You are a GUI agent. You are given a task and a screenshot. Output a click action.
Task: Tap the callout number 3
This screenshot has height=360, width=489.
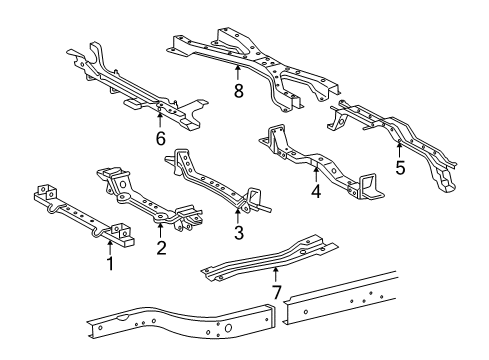pyautogui.click(x=238, y=234)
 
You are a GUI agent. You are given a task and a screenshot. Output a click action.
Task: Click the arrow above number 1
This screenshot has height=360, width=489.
pyautogui.click(x=109, y=247)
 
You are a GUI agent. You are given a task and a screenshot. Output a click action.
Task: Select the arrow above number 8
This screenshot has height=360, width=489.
pyautogui.click(x=237, y=72)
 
